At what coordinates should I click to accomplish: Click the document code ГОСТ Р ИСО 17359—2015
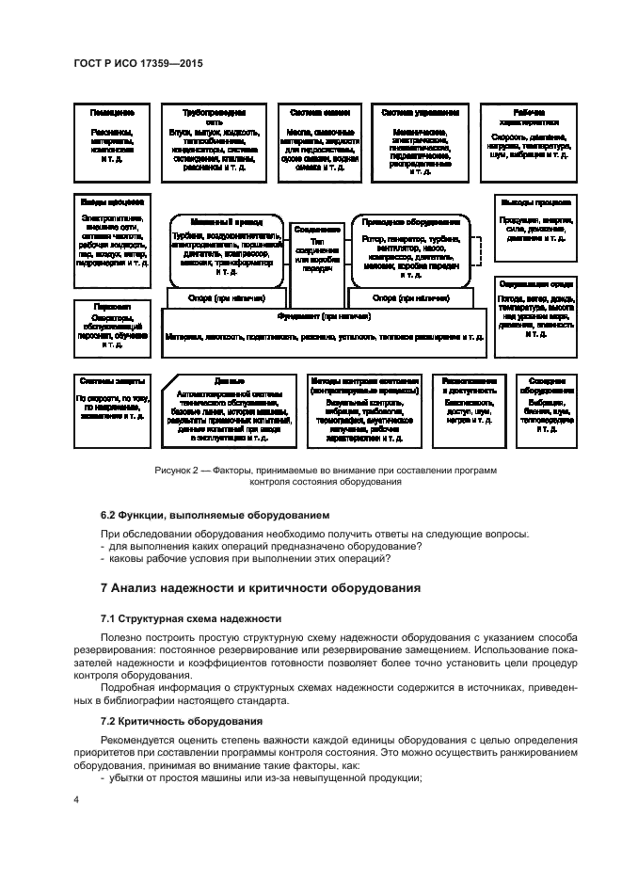[x=139, y=63]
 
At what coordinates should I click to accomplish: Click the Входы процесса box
[x=111, y=239]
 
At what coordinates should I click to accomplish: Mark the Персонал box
[x=111, y=328]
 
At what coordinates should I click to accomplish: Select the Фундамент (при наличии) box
[x=325, y=330]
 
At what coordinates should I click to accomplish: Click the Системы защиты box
[x=111, y=410]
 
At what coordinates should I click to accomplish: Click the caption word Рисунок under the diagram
[x=173, y=469]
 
